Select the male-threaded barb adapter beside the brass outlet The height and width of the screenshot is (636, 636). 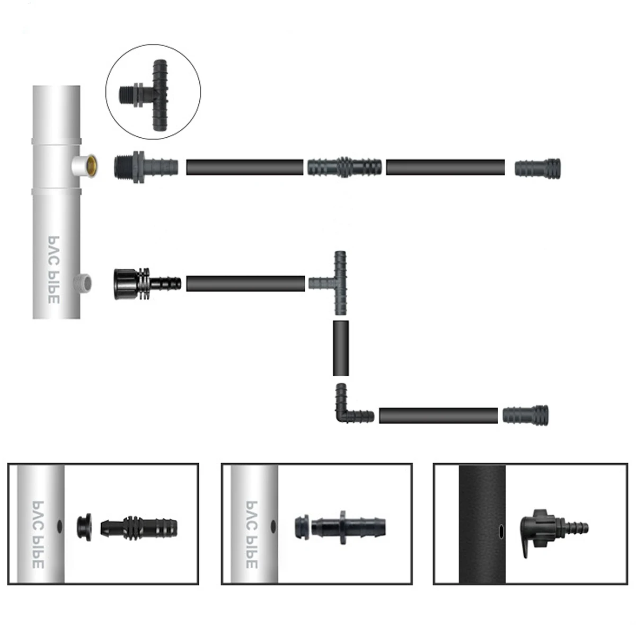point(143,166)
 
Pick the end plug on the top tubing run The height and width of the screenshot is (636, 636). point(537,168)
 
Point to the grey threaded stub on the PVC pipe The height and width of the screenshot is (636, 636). point(85,282)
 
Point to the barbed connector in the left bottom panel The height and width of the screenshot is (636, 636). point(139,526)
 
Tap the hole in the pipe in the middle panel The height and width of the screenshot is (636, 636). point(273,526)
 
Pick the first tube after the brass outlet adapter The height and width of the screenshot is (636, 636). point(244,167)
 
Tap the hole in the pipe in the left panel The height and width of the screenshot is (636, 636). point(59,525)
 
